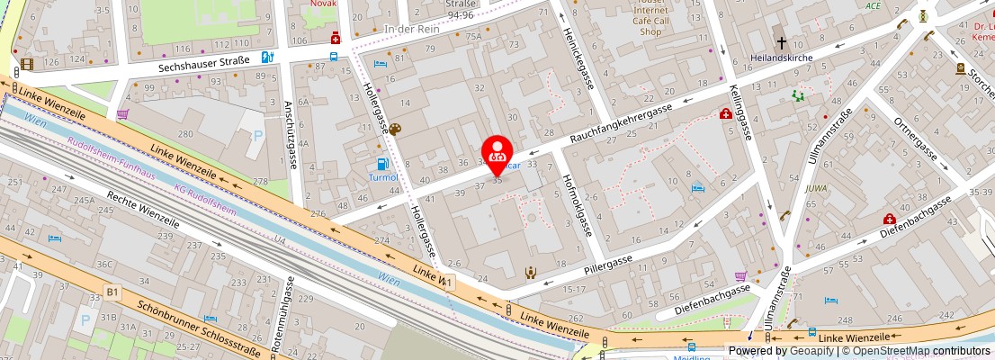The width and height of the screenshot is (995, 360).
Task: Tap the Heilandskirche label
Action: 781,58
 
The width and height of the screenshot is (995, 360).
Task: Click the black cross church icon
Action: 782,41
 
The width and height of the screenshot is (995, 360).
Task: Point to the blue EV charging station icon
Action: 266,57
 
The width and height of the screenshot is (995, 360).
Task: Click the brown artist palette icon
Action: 394,130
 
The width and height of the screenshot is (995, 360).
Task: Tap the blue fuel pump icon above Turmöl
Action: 382,163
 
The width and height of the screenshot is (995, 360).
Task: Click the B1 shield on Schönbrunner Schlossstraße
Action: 112,292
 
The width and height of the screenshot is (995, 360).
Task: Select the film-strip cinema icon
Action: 26,64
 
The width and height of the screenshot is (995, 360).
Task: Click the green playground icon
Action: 796,94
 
